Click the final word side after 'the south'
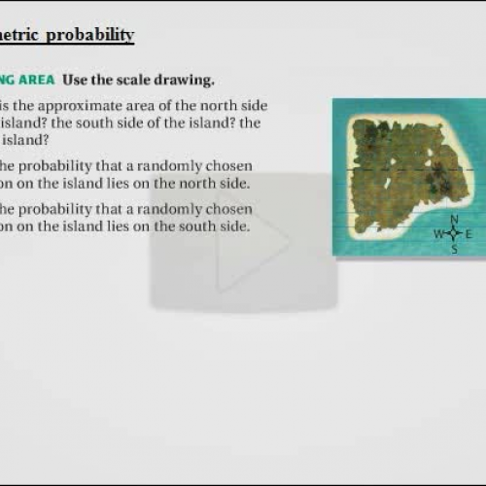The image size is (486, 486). pos(234,227)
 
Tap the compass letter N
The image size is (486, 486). pos(454,219)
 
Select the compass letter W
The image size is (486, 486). pos(438,234)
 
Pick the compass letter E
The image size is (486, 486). pos(469,234)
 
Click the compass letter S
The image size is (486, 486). pos(454,249)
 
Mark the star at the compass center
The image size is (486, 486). pos(454,234)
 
